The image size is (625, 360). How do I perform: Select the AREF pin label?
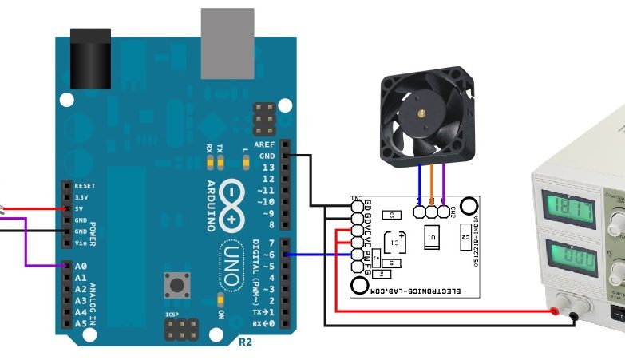click(x=264, y=144)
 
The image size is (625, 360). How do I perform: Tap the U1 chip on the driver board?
click(x=431, y=237)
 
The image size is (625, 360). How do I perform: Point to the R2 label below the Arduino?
click(x=245, y=342)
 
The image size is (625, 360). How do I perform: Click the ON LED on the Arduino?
click(x=220, y=300)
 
